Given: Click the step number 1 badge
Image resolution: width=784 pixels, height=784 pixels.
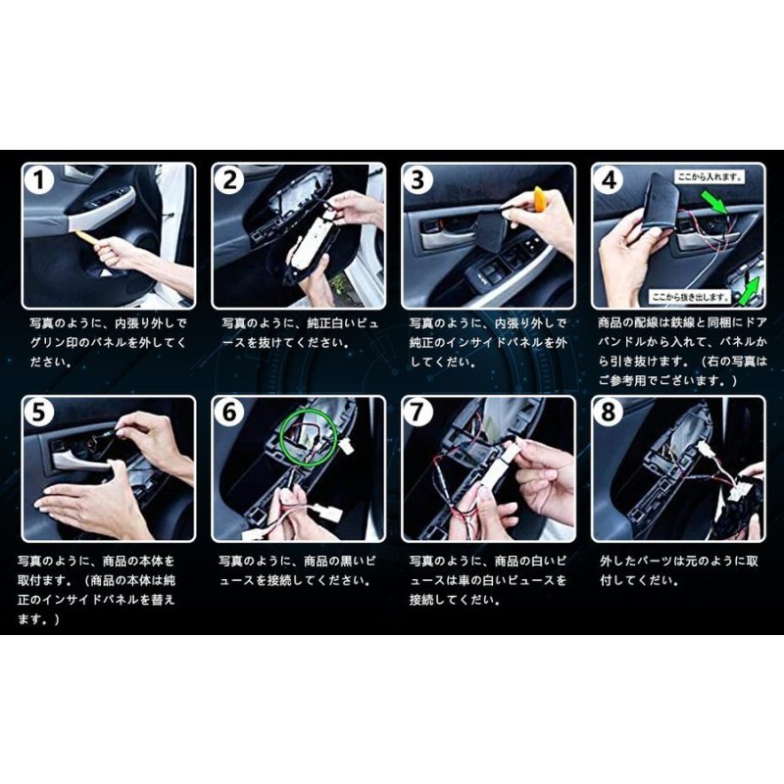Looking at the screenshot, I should (39, 180).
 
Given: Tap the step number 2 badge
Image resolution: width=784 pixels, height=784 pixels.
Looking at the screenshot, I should (231, 180).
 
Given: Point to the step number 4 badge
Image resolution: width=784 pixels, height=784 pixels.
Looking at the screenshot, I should (611, 180).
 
